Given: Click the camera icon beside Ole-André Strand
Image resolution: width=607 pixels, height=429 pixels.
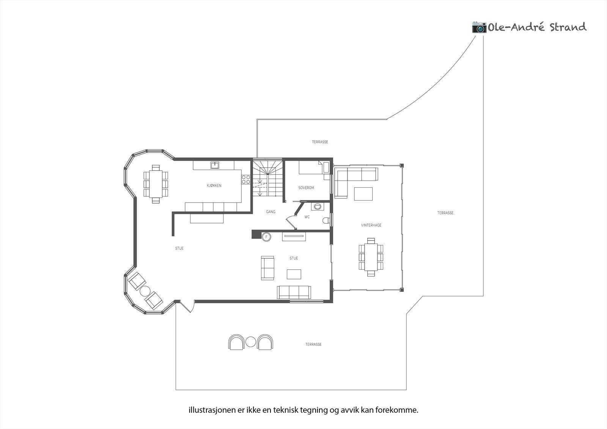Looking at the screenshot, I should (479, 27).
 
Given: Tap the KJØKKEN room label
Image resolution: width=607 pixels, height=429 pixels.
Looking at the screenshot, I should (214, 185).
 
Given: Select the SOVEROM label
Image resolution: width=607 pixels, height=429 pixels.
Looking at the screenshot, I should (306, 188).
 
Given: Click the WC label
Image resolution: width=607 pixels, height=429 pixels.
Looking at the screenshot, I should (307, 217).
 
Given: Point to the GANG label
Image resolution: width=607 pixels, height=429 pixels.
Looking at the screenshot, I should (270, 212).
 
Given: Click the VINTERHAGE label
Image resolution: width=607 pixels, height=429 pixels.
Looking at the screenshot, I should (371, 225).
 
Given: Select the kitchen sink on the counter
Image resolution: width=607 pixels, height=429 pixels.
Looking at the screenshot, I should (215, 165).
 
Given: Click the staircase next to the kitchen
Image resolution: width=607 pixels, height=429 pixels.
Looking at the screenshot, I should (268, 178).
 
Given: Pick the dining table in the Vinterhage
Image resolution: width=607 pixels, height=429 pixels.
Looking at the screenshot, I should (371, 257).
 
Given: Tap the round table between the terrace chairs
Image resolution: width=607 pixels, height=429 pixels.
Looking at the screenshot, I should (250, 342).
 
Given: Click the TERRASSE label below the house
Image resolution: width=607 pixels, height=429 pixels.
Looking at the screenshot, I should (313, 344).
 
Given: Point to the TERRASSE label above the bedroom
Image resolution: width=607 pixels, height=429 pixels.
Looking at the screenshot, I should (320, 142).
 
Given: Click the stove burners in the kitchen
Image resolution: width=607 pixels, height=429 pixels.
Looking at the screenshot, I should (246, 179).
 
